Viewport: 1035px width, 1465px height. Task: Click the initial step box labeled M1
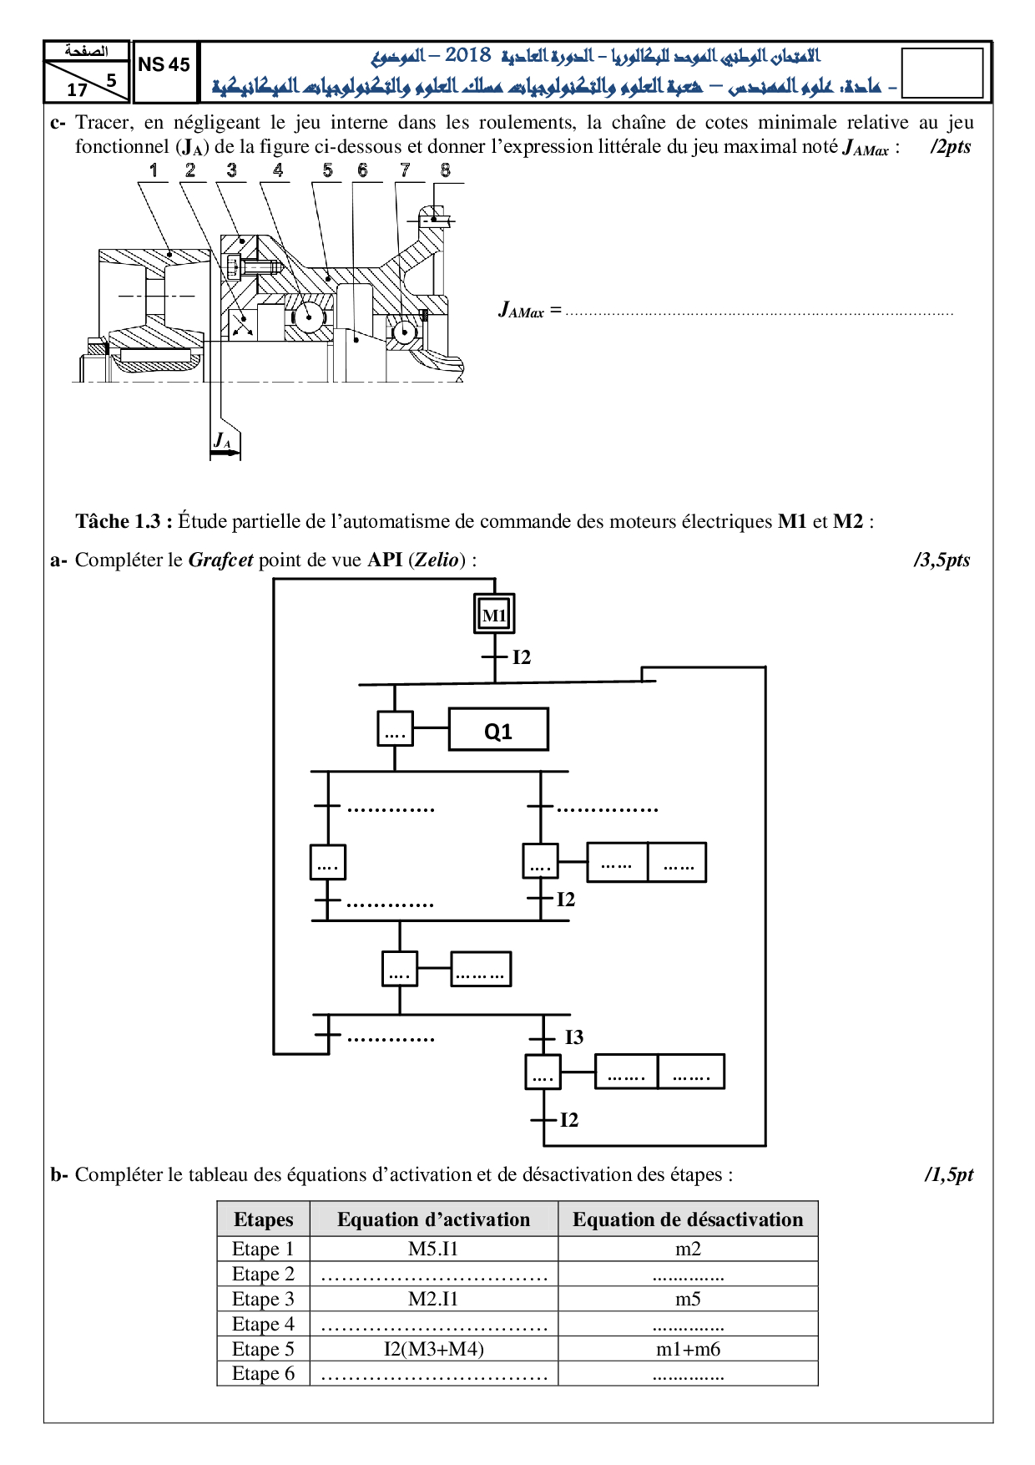pyautogui.click(x=494, y=615)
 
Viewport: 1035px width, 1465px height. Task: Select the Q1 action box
pyautogui.click(x=498, y=730)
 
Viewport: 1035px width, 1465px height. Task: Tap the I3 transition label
pyautogui.click(x=574, y=1037)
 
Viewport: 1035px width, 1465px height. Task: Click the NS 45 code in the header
pyautogui.click(x=164, y=65)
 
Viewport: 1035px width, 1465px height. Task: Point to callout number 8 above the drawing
pyautogui.click(x=446, y=170)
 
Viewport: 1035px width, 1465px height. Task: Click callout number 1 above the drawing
pyautogui.click(x=154, y=170)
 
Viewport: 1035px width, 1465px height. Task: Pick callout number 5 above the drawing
pyautogui.click(x=328, y=170)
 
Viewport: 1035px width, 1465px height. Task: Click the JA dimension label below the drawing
pyautogui.click(x=222, y=440)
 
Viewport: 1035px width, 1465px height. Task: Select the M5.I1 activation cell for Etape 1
pyautogui.click(x=433, y=1249)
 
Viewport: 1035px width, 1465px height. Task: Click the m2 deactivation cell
pyautogui.click(x=688, y=1249)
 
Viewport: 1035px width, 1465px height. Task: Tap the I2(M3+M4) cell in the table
pyautogui.click(x=433, y=1349)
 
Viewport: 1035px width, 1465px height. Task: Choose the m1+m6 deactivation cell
pyautogui.click(x=688, y=1349)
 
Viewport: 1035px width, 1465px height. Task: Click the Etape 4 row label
pyautogui.click(x=263, y=1324)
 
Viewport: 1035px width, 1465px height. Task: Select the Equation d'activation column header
pyautogui.click(x=433, y=1219)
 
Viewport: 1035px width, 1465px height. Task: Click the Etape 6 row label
pyautogui.click(x=263, y=1374)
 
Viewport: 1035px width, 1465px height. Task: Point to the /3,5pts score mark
pyautogui.click(x=942, y=560)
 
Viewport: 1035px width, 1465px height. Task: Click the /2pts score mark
pyautogui.click(x=951, y=147)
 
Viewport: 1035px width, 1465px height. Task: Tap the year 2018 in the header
pyautogui.click(x=467, y=56)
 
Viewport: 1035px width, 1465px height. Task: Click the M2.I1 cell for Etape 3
pyautogui.click(x=433, y=1299)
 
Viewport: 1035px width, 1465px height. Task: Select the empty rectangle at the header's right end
pyautogui.click(x=942, y=74)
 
